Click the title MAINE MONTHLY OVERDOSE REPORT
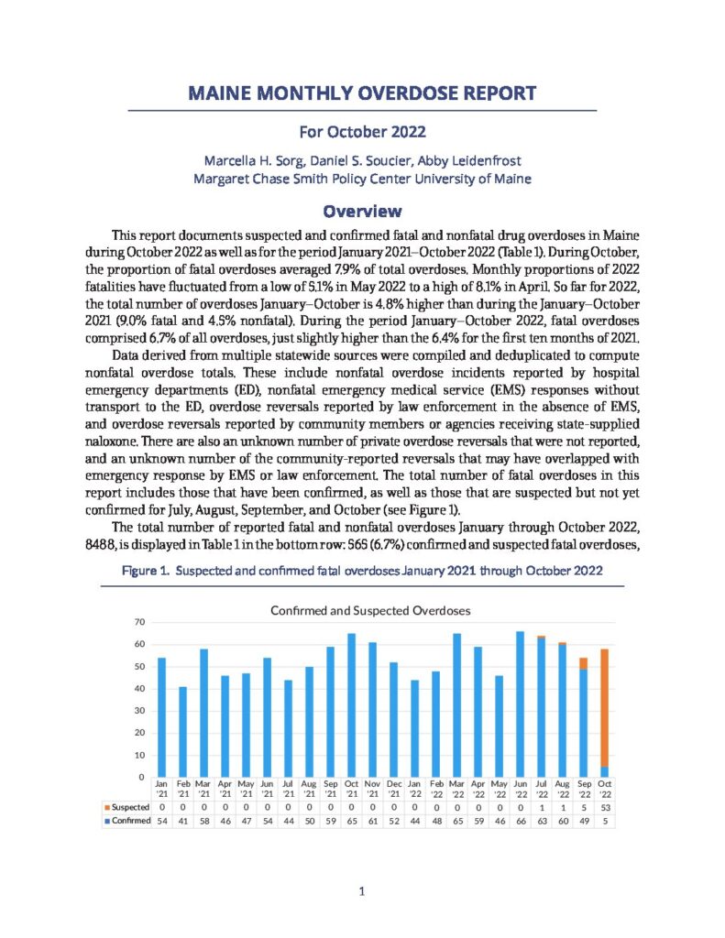[x=362, y=93]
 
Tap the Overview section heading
[x=362, y=210]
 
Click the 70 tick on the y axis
[x=140, y=622]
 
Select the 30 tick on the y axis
[x=140, y=711]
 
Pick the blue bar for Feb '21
[x=182, y=732]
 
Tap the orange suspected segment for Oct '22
[x=604, y=707]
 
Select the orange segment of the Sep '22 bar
[x=583, y=663]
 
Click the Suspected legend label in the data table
[x=124, y=806]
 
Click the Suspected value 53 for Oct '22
[x=604, y=806]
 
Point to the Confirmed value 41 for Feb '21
[x=182, y=822]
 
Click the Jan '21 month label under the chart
[x=161, y=789]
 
